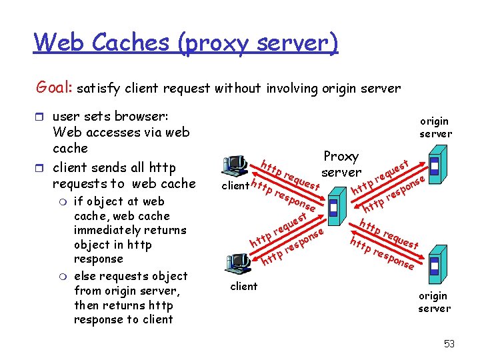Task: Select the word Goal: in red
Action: coord(55,87)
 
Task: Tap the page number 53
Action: coord(449,344)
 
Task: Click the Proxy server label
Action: coord(341,164)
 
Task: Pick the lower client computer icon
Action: coord(238,265)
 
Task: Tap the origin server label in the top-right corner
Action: coord(435,127)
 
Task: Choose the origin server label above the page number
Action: coord(434,302)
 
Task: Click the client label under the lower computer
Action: coord(243,286)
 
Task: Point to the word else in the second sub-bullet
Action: coord(84,276)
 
